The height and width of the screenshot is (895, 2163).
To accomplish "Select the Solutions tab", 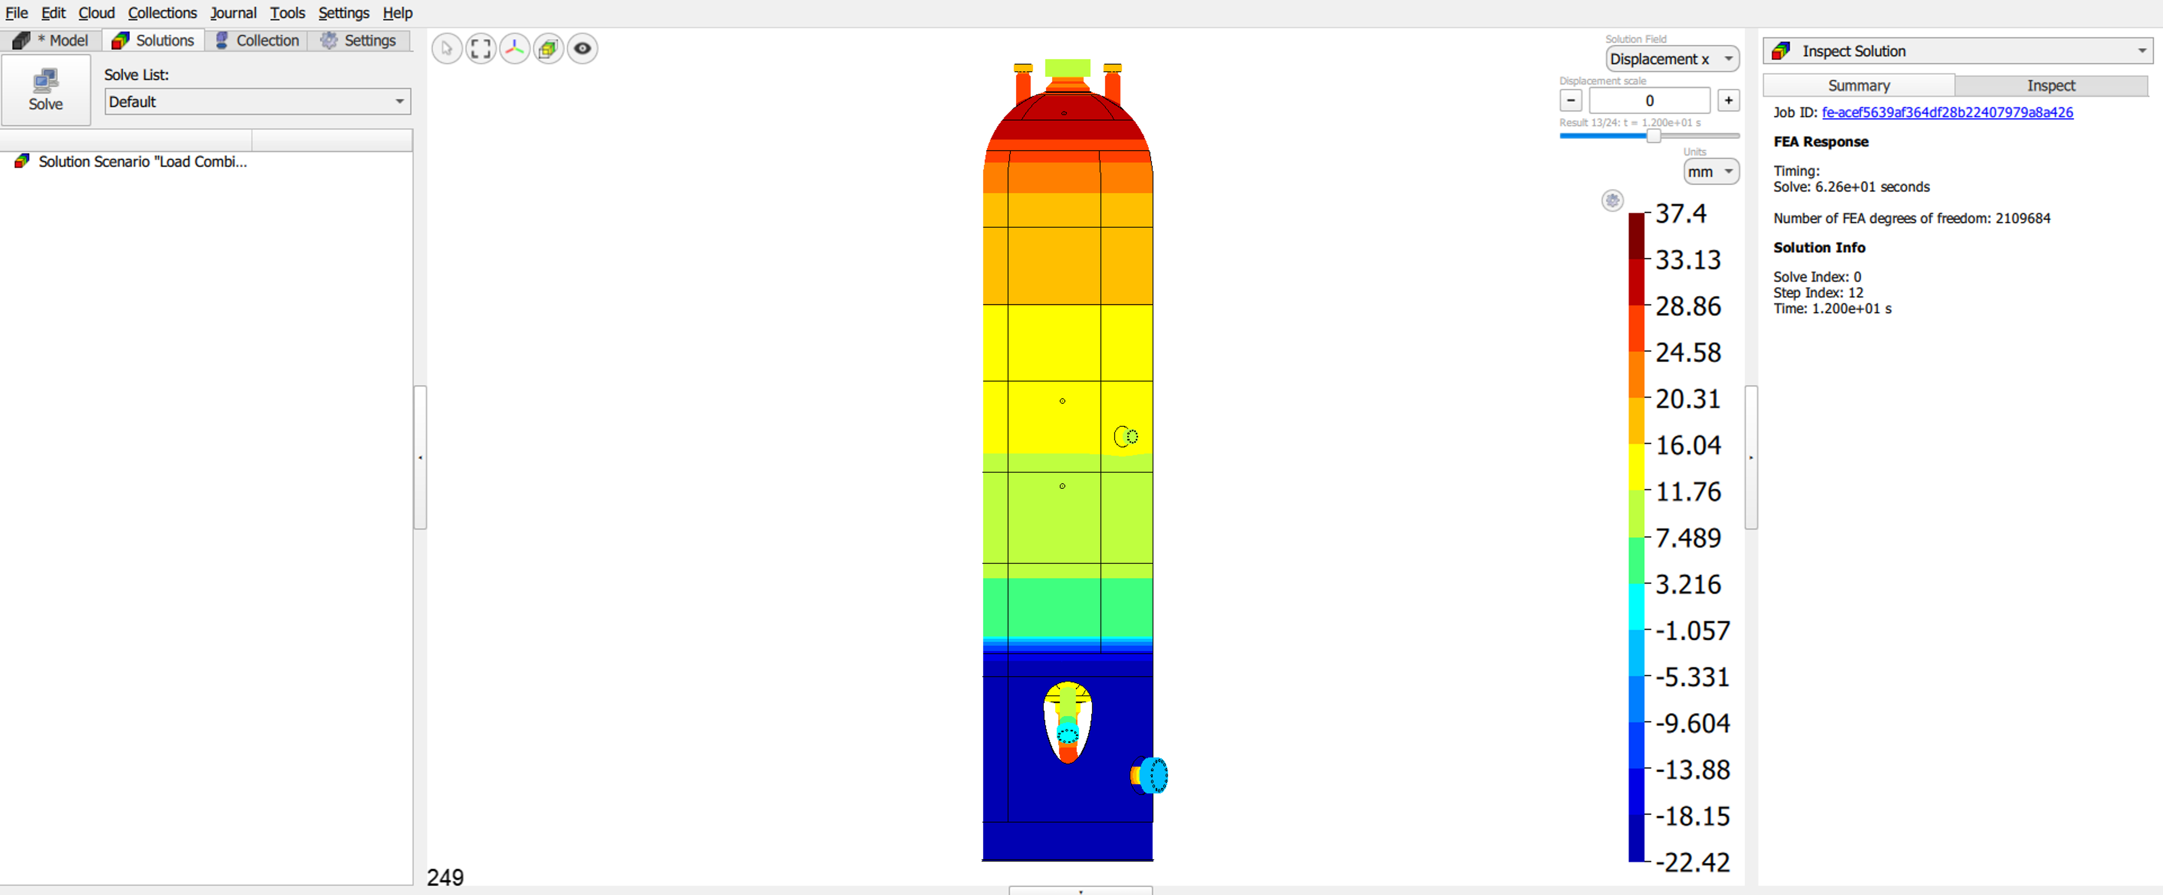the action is tap(154, 40).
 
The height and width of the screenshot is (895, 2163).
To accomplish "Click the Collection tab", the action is tap(256, 40).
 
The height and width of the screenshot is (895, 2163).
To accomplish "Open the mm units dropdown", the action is tap(1710, 171).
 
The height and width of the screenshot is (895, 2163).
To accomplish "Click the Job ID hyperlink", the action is tap(1947, 112).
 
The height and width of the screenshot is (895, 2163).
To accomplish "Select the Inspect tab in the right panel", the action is tap(2051, 86).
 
